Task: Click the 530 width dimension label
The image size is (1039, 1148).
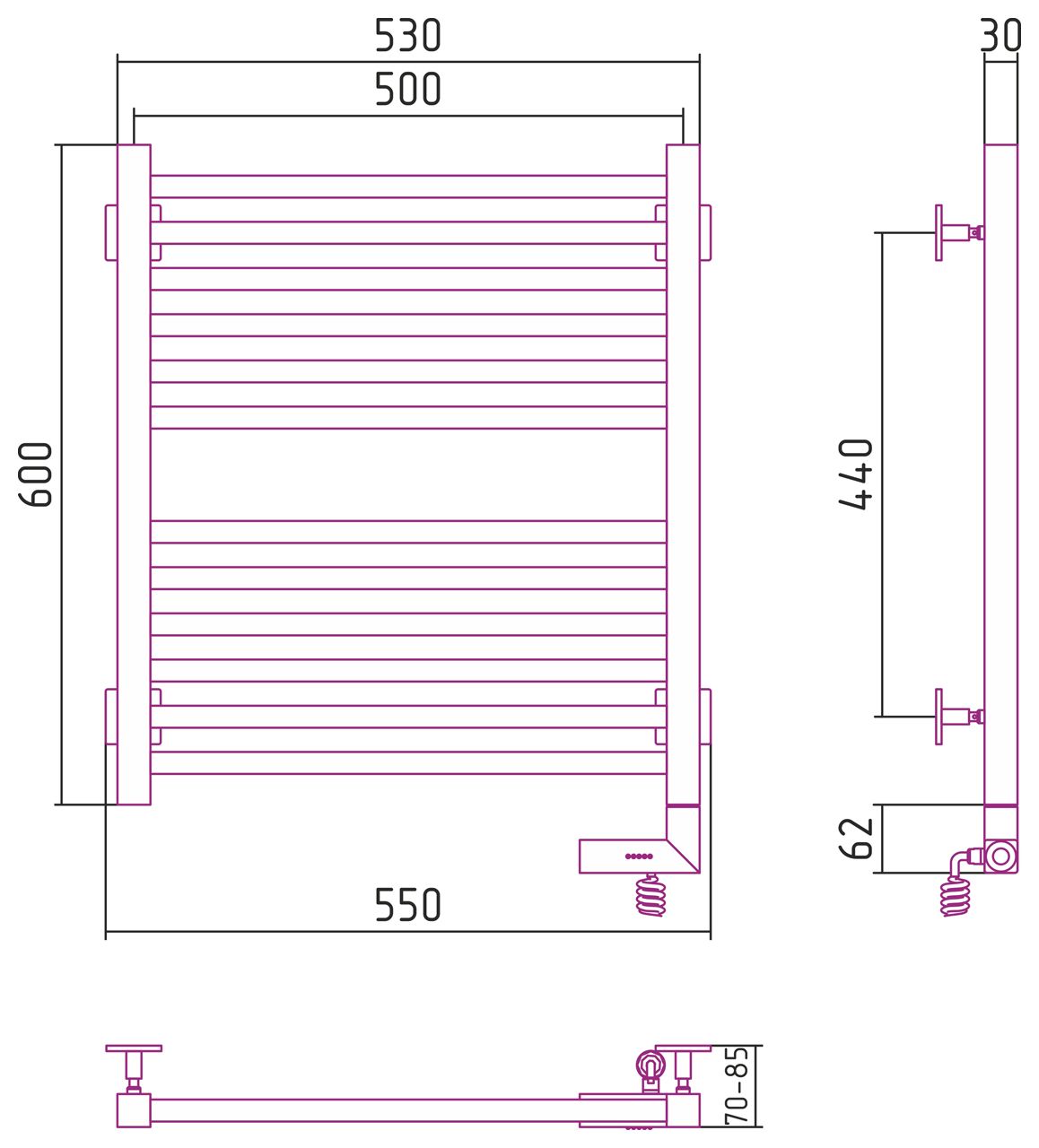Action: [407, 36]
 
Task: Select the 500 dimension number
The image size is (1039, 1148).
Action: [407, 90]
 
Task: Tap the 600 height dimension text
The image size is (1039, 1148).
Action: [36, 474]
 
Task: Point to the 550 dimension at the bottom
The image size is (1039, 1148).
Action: [407, 905]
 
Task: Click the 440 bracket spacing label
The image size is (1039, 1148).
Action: [855, 474]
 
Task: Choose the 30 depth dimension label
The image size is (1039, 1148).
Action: [1000, 36]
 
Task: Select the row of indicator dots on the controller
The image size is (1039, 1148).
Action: [639, 857]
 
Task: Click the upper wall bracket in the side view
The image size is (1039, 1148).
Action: [959, 233]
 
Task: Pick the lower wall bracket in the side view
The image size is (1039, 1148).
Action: [959, 717]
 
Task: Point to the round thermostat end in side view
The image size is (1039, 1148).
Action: [1001, 857]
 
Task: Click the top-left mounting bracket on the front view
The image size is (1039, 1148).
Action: [110, 233]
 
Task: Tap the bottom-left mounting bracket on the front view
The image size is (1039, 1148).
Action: [110, 717]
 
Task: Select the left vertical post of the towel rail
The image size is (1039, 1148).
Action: [134, 474]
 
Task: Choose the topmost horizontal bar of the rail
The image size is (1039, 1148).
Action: [408, 187]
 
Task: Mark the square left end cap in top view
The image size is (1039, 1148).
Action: [134, 1111]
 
